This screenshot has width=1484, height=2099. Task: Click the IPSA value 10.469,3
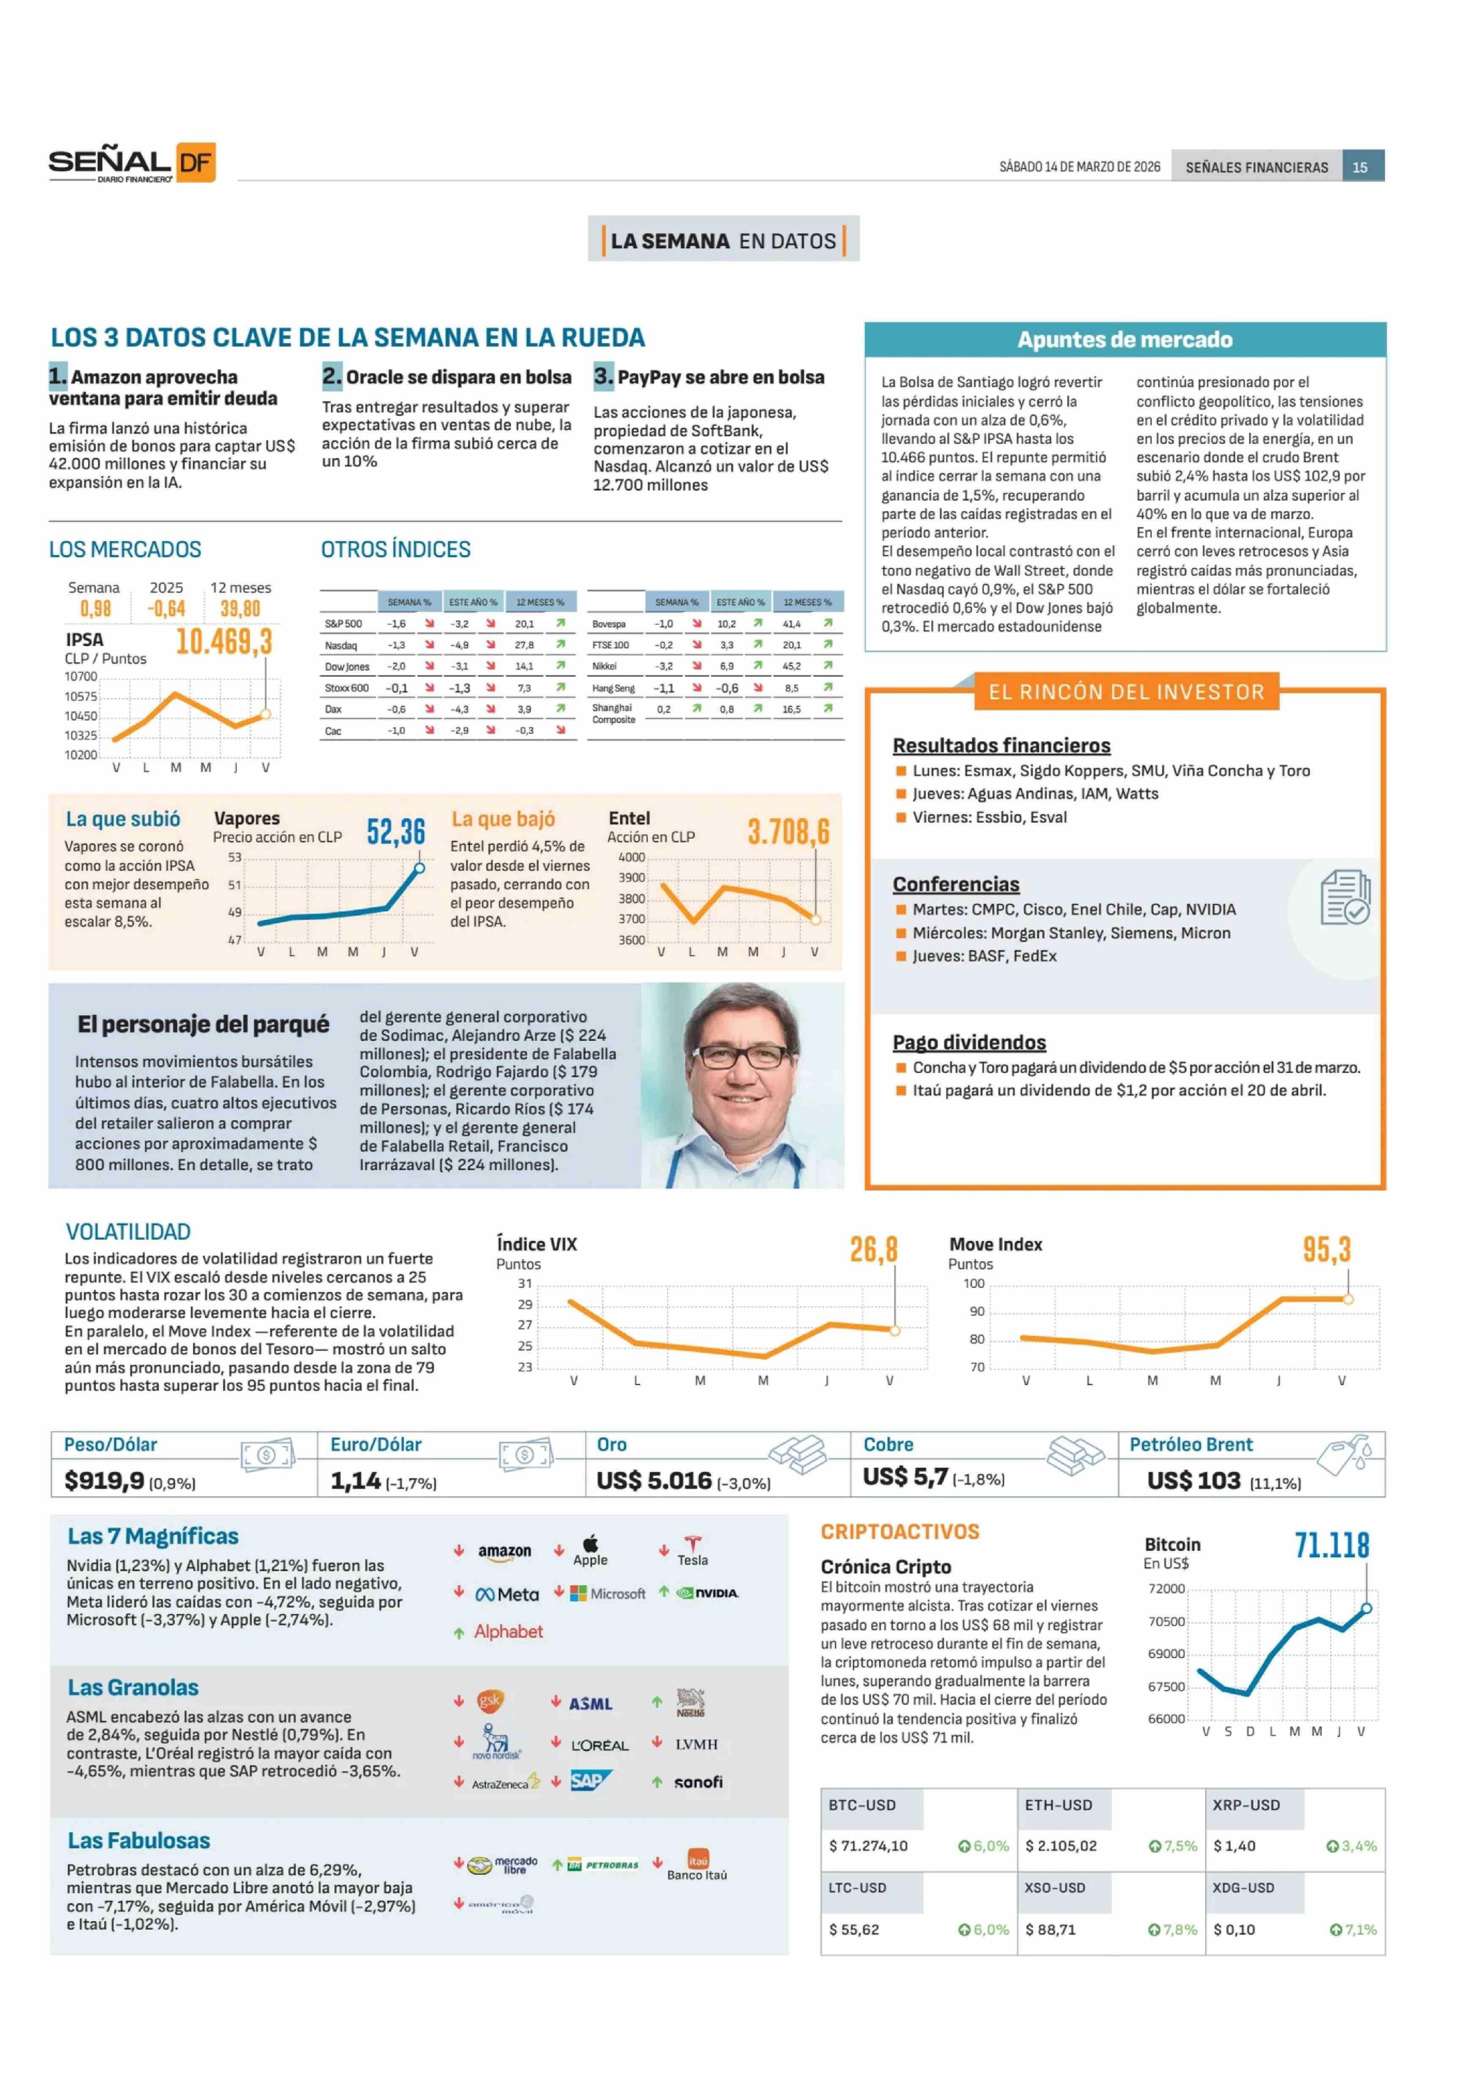tap(224, 642)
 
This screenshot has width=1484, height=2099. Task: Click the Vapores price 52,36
tap(396, 832)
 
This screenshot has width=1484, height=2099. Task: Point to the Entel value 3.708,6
tap(788, 832)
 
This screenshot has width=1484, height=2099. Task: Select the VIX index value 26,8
tap(873, 1250)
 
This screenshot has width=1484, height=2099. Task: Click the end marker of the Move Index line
tap(1348, 1299)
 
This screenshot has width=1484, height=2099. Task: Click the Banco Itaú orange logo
tap(698, 1860)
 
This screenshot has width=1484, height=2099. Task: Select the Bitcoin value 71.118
tap(1331, 1546)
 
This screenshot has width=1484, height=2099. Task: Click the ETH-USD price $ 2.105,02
tap(1061, 1846)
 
